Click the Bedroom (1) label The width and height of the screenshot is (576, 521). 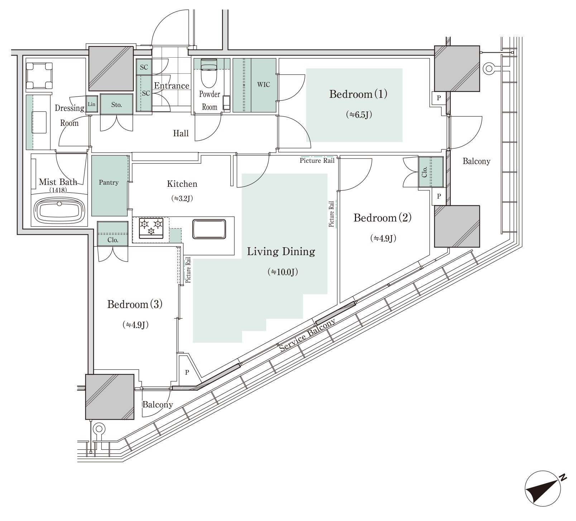[358, 94]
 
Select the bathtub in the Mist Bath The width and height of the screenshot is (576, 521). [59, 211]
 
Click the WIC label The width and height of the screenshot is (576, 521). [264, 85]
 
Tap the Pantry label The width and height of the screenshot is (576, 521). [109, 182]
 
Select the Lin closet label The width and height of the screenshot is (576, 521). [92, 104]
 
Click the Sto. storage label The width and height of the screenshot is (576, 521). [116, 105]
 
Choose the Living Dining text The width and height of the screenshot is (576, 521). [281, 252]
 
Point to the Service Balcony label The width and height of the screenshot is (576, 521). [307, 335]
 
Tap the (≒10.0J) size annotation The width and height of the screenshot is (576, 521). [283, 272]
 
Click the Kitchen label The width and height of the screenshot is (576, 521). [182, 184]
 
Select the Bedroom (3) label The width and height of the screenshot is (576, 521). [135, 305]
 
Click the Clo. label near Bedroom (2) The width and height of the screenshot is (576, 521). [424, 172]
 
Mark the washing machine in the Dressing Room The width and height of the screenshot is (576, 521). [39, 76]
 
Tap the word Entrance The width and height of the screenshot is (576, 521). [172, 86]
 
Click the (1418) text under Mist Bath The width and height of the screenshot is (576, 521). [58, 190]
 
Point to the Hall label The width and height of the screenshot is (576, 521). [181, 133]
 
